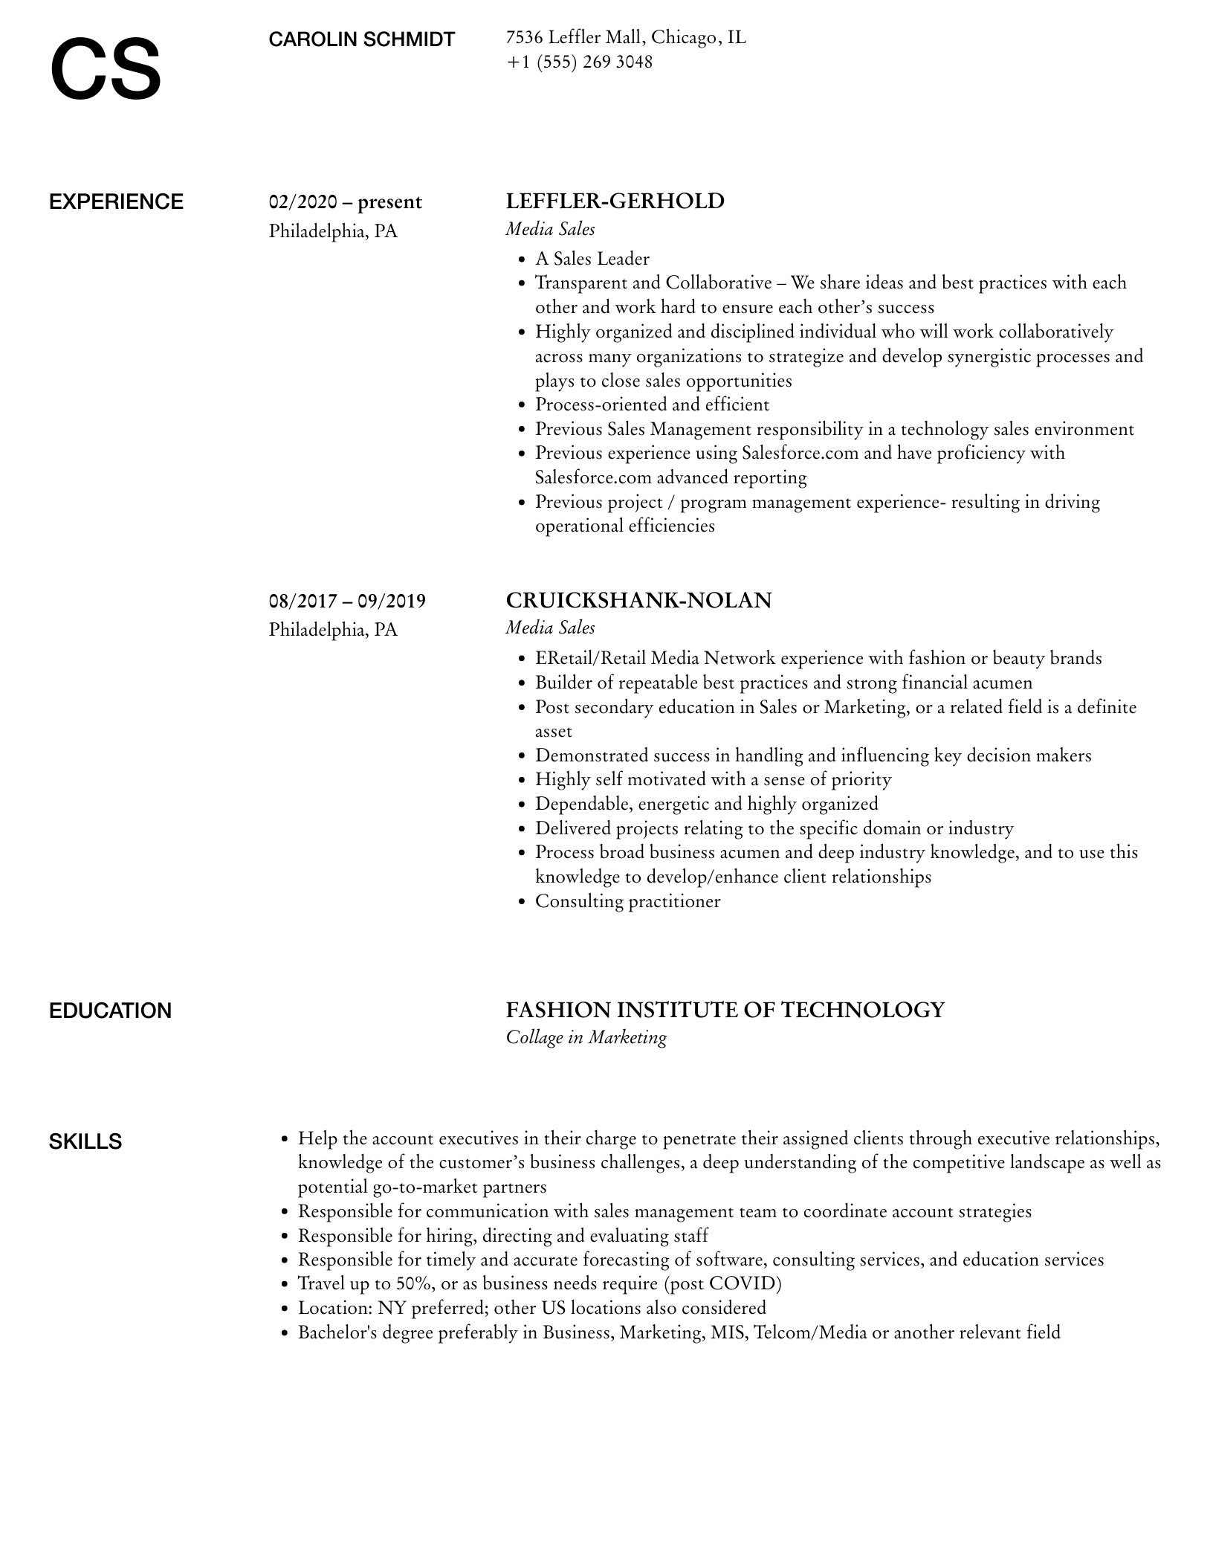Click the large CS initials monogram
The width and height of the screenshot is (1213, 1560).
coord(106,71)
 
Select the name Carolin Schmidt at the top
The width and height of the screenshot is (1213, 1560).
coord(361,39)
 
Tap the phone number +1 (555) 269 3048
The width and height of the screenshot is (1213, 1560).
coord(579,62)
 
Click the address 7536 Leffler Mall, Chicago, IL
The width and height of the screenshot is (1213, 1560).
coord(626,37)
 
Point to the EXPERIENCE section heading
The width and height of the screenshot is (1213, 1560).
coord(116,202)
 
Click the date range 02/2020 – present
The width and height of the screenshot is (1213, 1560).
coord(345,202)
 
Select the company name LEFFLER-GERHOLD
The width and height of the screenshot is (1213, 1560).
coord(615,202)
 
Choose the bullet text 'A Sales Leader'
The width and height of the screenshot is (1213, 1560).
coord(592,259)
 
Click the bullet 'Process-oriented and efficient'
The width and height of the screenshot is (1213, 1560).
coord(652,404)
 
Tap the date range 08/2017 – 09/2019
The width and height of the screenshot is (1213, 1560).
coord(347,601)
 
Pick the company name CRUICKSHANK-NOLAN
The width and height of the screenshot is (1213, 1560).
coord(638,600)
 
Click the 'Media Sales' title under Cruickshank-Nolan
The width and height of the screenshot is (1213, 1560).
coord(550,628)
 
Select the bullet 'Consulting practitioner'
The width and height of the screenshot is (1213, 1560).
coord(627,901)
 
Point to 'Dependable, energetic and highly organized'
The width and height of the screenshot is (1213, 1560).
coord(706,804)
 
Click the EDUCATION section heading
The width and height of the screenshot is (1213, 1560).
coord(110,1011)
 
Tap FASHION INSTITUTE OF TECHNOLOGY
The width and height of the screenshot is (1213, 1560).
coord(725,1010)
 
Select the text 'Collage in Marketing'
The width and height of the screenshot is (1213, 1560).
coord(586,1037)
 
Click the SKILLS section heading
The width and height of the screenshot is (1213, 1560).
coord(85,1141)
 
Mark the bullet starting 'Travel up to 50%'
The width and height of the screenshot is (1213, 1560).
coord(540,1283)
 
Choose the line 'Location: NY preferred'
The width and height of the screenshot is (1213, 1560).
coord(531,1308)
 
